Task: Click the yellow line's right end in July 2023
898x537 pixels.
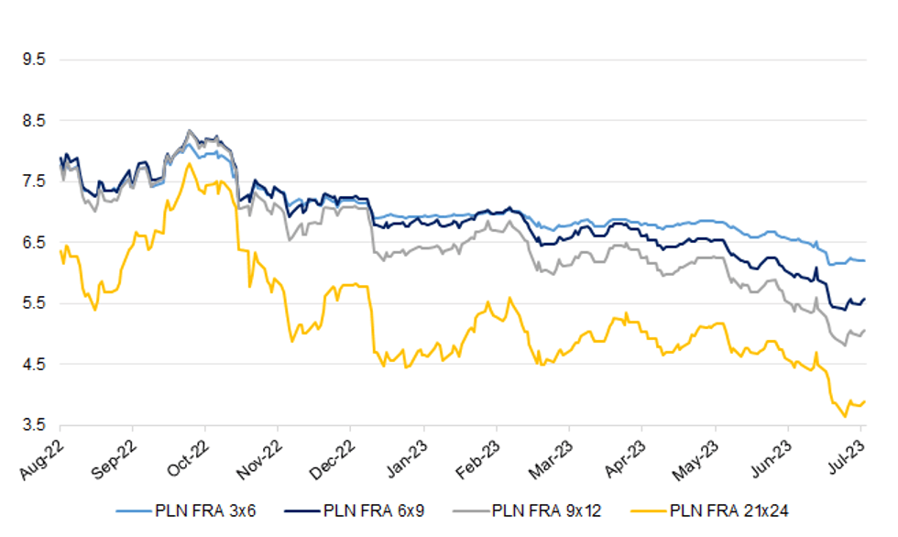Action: [x=865, y=401]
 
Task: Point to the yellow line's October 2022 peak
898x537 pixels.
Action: [x=189, y=164]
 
